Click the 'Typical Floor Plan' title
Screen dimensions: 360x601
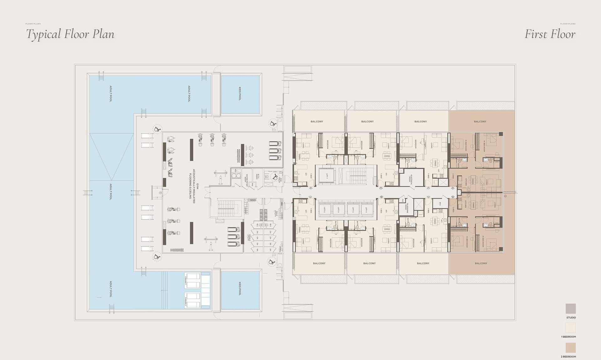coord(70,34)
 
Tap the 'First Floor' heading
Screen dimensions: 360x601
coord(550,34)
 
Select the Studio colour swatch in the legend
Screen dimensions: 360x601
coord(570,309)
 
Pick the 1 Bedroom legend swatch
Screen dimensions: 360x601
coord(570,328)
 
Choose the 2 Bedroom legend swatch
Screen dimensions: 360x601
coord(570,348)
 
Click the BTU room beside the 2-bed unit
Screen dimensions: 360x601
coord(440,204)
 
